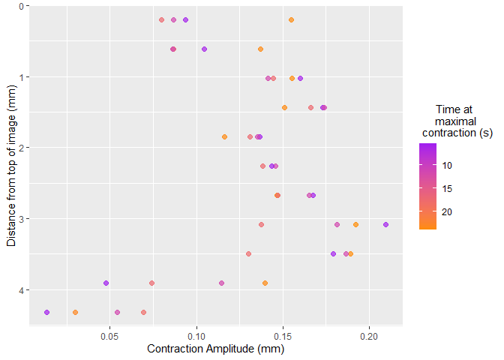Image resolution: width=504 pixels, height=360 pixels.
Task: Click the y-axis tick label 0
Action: tap(22, 6)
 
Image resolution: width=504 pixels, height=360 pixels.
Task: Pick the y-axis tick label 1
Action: tap(22, 77)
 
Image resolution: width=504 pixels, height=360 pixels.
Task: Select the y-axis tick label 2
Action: tap(22, 148)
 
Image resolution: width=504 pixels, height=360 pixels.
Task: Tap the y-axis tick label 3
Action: tap(22, 219)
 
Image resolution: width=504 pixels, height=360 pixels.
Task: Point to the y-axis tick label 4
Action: tap(22, 290)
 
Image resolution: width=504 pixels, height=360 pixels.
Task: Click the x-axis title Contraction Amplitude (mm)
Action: tap(216, 349)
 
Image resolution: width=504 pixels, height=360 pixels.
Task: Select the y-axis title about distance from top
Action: tap(10, 165)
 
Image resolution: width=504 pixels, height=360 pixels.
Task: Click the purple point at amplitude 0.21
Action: tap(385, 224)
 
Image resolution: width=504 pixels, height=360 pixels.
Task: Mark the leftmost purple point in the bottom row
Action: tap(47, 312)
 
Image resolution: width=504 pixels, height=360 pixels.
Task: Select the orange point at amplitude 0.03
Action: tap(75, 312)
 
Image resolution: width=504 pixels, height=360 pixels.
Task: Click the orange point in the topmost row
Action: tap(291, 19)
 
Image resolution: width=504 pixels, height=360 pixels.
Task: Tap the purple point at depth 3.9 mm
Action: tap(106, 283)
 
